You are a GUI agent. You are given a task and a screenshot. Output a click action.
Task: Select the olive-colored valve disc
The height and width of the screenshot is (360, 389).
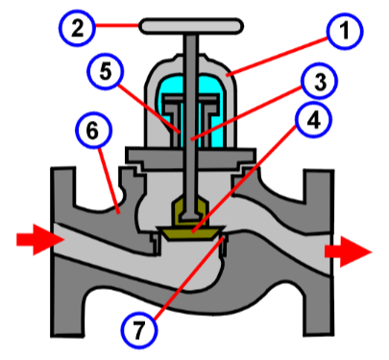click(x=192, y=231)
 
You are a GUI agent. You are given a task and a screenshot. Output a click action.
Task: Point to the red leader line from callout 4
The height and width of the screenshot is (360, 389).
click(x=255, y=178)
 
